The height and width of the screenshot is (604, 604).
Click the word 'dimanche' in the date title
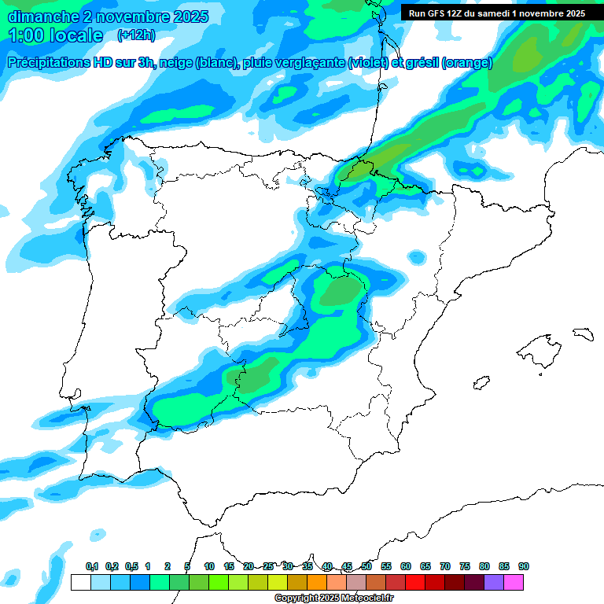(x=42, y=16)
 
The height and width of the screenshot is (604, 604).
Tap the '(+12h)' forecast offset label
(x=136, y=35)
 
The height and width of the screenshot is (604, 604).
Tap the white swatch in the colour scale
(x=80, y=582)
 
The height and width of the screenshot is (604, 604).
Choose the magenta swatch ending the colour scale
(x=514, y=582)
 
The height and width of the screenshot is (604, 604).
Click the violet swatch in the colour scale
(x=494, y=582)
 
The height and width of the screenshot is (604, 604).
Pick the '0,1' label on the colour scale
(x=92, y=567)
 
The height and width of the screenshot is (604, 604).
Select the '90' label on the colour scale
(x=524, y=567)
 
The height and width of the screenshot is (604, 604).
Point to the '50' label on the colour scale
(x=366, y=567)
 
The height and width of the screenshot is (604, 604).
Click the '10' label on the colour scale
(x=209, y=567)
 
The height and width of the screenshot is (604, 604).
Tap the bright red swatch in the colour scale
(x=415, y=582)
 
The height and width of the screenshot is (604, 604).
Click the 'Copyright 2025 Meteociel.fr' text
(x=334, y=598)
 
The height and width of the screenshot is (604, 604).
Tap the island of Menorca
(x=583, y=333)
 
